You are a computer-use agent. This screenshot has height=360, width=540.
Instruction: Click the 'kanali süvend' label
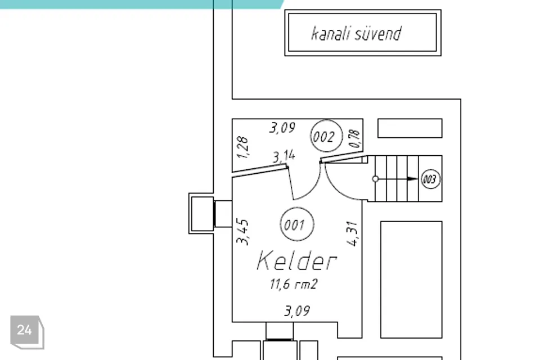click(x=357, y=33)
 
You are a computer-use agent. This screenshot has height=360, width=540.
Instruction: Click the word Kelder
click(x=296, y=261)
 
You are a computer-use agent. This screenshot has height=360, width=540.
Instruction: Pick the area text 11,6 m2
click(x=294, y=284)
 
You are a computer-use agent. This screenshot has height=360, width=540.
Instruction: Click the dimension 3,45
click(x=243, y=231)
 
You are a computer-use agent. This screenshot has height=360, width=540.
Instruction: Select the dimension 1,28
click(x=243, y=147)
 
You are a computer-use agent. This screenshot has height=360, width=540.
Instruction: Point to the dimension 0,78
click(x=354, y=139)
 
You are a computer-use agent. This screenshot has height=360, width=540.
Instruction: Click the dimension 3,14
click(x=283, y=156)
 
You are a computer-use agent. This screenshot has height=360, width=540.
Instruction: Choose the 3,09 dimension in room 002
click(x=282, y=128)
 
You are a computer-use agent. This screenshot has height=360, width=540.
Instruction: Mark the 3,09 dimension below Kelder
click(x=296, y=310)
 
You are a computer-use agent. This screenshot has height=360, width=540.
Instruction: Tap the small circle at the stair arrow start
click(x=376, y=179)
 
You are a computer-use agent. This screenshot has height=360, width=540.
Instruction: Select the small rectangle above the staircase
click(x=409, y=128)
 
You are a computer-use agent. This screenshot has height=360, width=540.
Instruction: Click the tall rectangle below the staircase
click(x=411, y=280)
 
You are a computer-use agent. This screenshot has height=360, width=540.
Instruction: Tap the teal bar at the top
click(x=141, y=4)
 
